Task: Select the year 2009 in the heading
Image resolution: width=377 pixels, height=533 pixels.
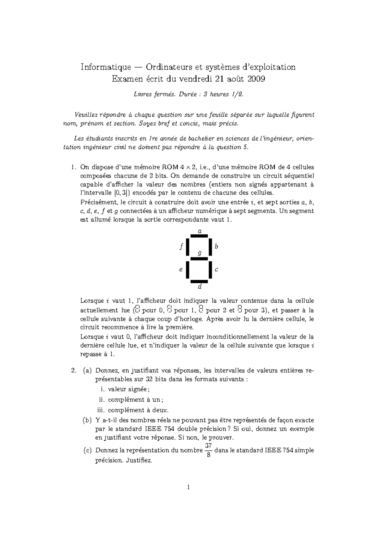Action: [x=256, y=79]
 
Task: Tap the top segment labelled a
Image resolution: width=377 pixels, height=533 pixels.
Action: [x=199, y=235]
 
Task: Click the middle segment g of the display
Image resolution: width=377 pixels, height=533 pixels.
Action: [x=199, y=259]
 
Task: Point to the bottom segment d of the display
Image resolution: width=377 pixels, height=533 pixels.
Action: [x=199, y=281]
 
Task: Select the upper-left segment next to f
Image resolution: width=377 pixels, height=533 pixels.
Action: [x=188, y=247]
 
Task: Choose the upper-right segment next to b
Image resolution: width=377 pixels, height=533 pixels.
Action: [x=210, y=247]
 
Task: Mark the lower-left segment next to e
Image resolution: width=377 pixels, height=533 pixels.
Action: [x=188, y=270]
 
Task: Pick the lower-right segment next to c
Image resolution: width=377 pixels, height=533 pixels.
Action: [x=210, y=270]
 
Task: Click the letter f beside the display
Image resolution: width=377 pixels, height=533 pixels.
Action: [x=181, y=247]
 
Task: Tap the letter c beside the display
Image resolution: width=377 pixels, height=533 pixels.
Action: [x=216, y=270]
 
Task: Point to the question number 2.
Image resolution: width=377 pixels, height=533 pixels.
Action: [x=74, y=371]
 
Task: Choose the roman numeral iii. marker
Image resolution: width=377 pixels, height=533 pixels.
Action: [x=101, y=410]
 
